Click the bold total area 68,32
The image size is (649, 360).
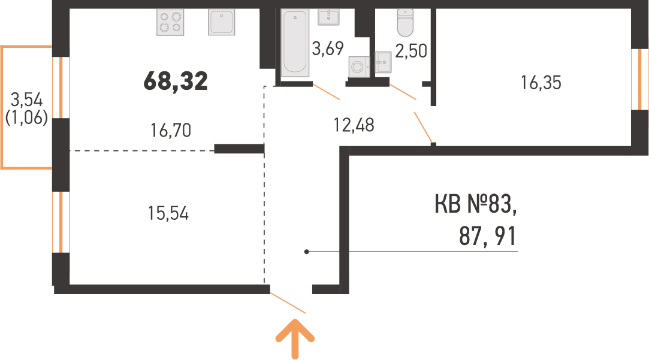click(176, 81)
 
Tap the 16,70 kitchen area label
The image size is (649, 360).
click(171, 131)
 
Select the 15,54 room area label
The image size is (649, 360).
click(168, 213)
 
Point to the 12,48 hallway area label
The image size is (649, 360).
click(354, 125)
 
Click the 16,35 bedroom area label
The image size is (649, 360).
click(541, 83)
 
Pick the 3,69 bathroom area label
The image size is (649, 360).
click(328, 49)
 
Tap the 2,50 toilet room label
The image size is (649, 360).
click(411, 51)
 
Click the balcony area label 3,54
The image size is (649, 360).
click(26, 99)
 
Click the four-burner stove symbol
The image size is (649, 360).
click(170, 22)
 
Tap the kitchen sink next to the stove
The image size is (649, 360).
click(222, 22)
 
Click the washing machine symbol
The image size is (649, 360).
click(360, 66)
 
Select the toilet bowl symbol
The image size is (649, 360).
click(405, 23)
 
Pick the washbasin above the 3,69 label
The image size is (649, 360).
click(328, 17)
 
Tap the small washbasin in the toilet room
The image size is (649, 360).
click(384, 62)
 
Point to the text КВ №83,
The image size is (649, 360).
click(476, 204)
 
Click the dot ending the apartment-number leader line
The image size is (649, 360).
click(307, 252)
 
